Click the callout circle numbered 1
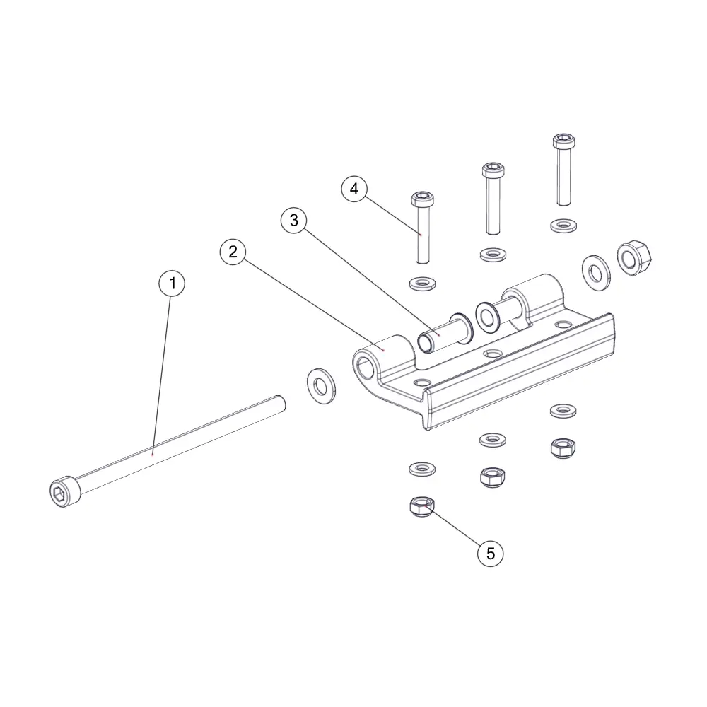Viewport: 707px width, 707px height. [x=172, y=284]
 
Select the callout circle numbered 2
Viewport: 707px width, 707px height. [x=233, y=252]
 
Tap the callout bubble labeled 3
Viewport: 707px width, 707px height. [x=294, y=220]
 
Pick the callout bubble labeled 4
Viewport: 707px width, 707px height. [x=354, y=189]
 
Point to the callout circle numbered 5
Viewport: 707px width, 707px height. [x=490, y=554]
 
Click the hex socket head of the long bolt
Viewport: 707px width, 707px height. [x=65, y=491]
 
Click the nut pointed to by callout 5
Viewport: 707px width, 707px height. [x=422, y=506]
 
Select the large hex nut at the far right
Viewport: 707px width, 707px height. [x=634, y=258]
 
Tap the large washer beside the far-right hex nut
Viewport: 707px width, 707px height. [x=596, y=273]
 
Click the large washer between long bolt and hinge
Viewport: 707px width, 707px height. [x=321, y=385]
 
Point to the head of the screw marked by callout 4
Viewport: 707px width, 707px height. [x=423, y=198]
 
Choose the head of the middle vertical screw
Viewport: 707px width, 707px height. [x=493, y=170]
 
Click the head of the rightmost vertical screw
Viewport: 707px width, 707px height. [x=563, y=141]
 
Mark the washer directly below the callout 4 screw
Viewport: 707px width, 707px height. [x=423, y=284]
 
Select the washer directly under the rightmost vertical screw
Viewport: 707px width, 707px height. [x=563, y=226]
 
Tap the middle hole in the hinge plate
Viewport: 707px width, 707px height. [x=493, y=353]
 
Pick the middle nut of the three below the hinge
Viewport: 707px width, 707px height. [x=493, y=477]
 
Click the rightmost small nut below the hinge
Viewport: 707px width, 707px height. [x=563, y=448]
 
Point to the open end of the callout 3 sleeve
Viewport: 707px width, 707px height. [x=425, y=343]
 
